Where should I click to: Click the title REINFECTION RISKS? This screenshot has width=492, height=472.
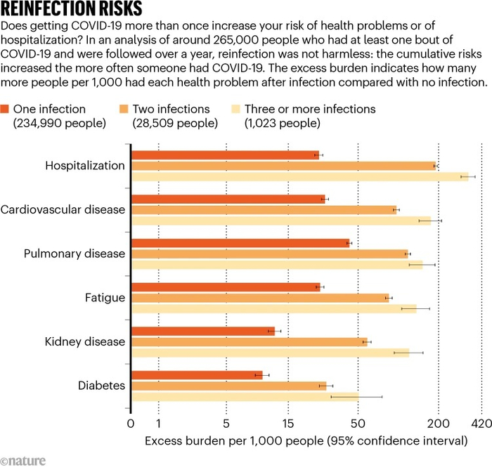(71, 8)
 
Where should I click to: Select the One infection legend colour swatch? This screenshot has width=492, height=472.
(5, 109)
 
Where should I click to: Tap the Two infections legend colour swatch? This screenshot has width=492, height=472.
(124, 109)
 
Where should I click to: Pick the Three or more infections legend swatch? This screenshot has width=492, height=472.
(235, 109)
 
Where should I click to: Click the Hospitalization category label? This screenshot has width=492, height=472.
(85, 166)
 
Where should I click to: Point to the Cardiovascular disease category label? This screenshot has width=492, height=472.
(63, 209)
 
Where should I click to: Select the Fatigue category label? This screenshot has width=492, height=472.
(105, 298)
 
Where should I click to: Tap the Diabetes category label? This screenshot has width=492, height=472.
(101, 386)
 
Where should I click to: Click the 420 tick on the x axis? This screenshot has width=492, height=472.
(481, 424)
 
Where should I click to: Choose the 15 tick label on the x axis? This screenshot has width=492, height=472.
(288, 424)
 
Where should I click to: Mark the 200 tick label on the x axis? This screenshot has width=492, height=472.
(439, 424)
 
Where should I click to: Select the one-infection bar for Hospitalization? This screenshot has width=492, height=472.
(225, 155)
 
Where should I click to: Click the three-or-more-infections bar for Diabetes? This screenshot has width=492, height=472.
(245, 397)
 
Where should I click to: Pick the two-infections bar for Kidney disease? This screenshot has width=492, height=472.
(249, 342)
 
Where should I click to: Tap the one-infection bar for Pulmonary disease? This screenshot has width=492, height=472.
(240, 243)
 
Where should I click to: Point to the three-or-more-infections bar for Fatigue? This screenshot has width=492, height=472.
(274, 308)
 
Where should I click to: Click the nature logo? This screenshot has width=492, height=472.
(23, 461)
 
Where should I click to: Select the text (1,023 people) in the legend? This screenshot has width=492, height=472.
(283, 123)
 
